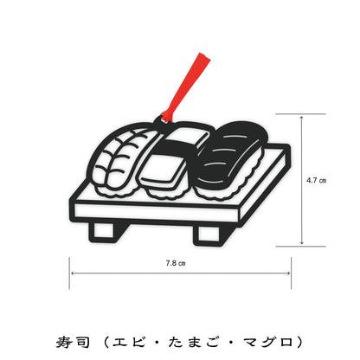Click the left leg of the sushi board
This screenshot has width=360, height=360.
coord(104,232)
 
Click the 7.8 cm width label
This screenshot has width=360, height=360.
coord(176,263)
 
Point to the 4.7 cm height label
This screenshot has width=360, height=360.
coord(316,180)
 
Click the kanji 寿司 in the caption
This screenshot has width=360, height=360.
coord(73,343)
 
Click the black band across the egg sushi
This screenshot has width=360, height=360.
coord(178,144)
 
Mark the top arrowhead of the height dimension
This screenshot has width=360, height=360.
coord(301,118)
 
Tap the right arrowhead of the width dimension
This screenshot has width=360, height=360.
coord(287,273)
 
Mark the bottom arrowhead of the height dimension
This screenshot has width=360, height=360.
coord(301,242)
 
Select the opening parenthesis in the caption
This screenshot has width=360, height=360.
coord(106,343)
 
